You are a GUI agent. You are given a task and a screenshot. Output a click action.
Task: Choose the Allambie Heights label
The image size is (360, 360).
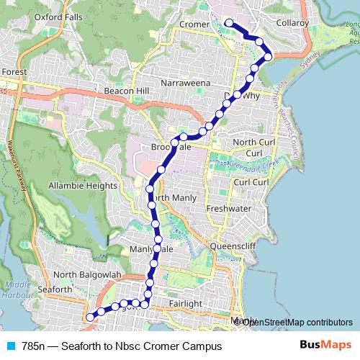(x=82, y=186)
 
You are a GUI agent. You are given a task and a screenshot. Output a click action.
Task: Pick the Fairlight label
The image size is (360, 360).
(x=185, y=304)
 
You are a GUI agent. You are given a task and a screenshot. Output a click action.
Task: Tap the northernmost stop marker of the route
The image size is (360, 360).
(x=229, y=23)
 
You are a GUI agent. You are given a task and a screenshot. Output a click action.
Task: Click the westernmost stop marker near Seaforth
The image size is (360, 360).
(x=90, y=317)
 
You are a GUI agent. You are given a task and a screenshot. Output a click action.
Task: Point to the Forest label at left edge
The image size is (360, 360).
(x=14, y=72)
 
